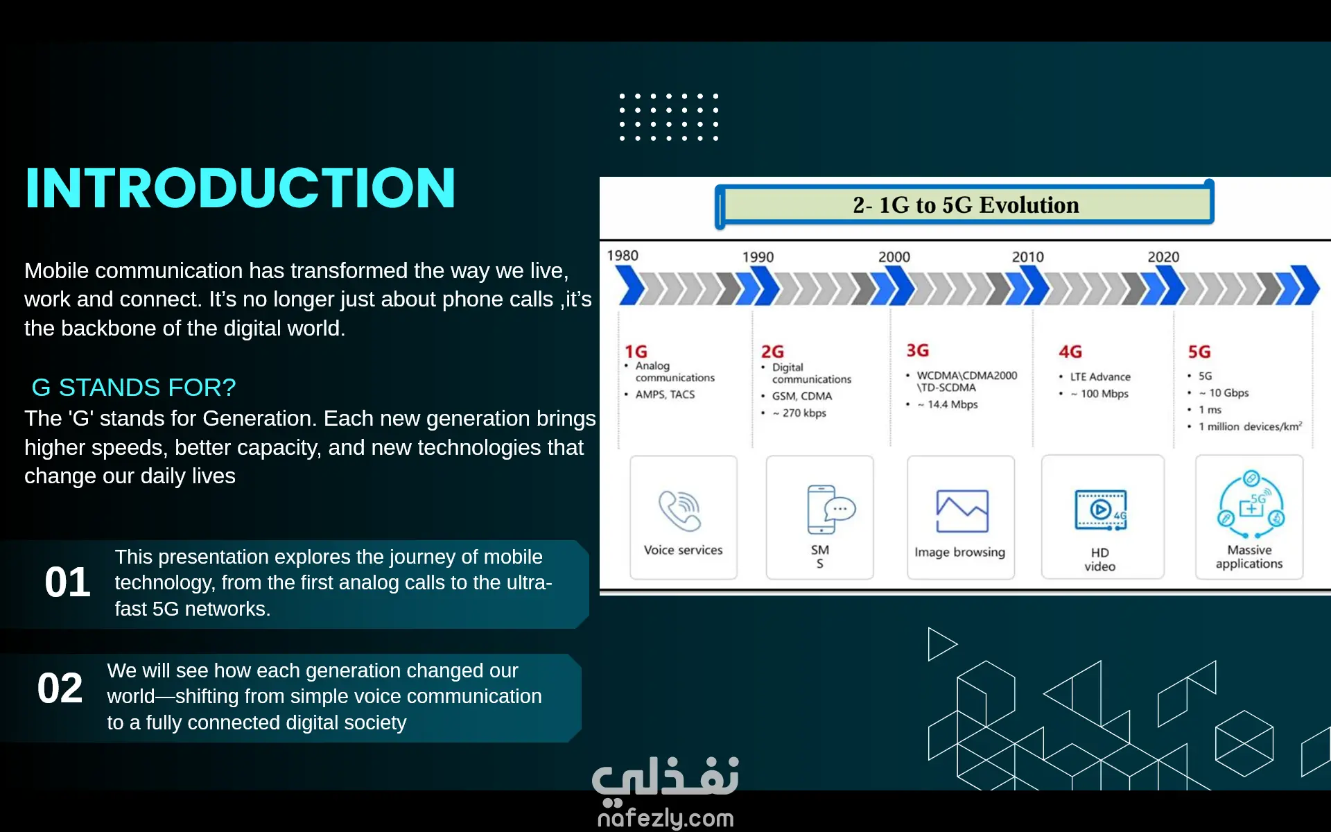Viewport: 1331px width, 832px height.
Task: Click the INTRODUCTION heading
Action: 240,188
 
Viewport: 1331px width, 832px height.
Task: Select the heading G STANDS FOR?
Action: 134,387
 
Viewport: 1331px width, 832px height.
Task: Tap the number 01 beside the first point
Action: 67,582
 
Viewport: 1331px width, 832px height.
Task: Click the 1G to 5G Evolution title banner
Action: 965,205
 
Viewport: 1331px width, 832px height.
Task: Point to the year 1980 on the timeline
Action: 623,255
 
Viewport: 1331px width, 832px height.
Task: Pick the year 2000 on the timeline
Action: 894,257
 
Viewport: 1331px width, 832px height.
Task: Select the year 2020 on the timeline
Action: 1163,257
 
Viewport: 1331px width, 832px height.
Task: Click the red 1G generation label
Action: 636,352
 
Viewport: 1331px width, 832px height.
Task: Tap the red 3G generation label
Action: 918,350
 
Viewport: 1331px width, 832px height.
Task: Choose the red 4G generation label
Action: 1070,352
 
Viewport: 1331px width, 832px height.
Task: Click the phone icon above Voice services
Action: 680,510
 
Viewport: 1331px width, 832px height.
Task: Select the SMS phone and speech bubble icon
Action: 830,509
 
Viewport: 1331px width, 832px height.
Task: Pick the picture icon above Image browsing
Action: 962,511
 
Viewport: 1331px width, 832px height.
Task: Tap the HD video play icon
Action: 1101,510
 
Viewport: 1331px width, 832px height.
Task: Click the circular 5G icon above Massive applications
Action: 1251,505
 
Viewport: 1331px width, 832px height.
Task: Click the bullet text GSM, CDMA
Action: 802,396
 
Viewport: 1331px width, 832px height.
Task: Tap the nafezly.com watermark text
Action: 665,818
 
